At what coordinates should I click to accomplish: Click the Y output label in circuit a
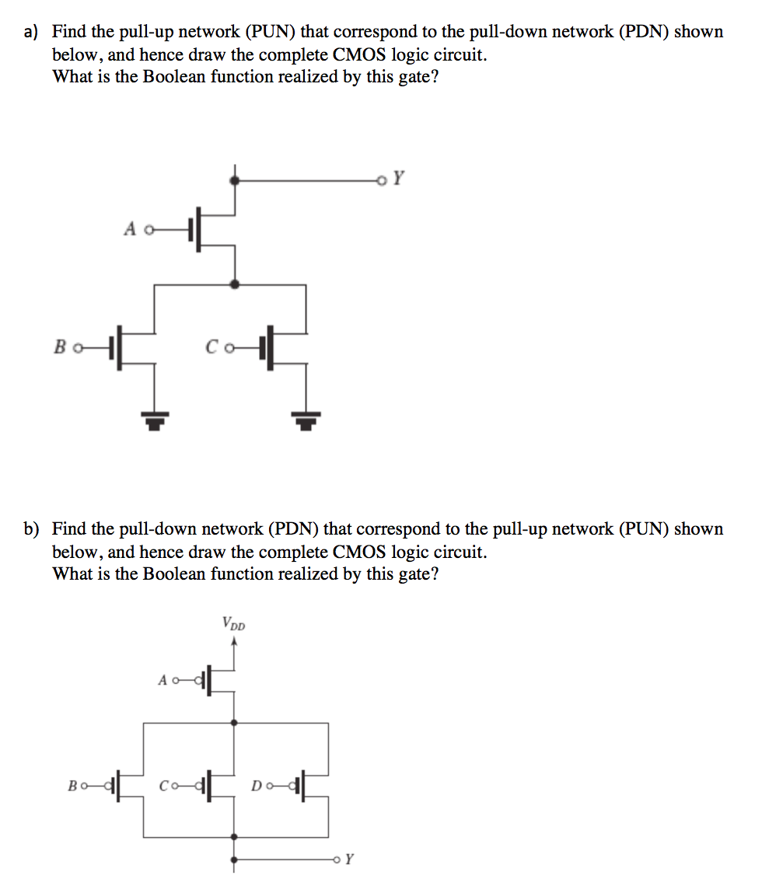tap(398, 179)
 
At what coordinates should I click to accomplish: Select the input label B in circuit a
tap(59, 346)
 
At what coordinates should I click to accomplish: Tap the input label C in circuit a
tap(211, 346)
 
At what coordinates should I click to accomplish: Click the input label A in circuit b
tap(163, 681)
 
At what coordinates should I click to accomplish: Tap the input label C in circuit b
tap(164, 785)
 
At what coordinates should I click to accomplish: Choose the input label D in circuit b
tap(256, 785)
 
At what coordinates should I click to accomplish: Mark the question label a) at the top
tap(31, 32)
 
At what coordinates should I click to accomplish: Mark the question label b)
tap(31, 529)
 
